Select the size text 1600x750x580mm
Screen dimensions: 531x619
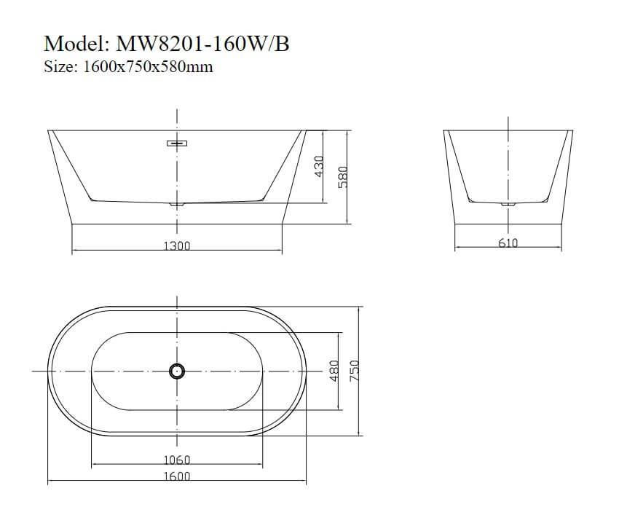149,67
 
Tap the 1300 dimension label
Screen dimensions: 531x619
176,246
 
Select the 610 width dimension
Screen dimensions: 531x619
508,243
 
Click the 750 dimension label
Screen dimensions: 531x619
355,370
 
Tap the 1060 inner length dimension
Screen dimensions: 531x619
176,460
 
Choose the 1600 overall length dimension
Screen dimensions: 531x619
176,476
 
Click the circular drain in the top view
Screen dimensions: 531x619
177,371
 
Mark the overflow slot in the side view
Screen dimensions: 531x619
178,143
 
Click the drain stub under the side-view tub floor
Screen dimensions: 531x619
178,205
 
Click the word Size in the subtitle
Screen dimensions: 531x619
59,67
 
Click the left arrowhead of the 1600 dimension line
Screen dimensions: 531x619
50,482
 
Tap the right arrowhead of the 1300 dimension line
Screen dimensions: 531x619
280,252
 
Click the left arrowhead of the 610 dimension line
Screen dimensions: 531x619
457,248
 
